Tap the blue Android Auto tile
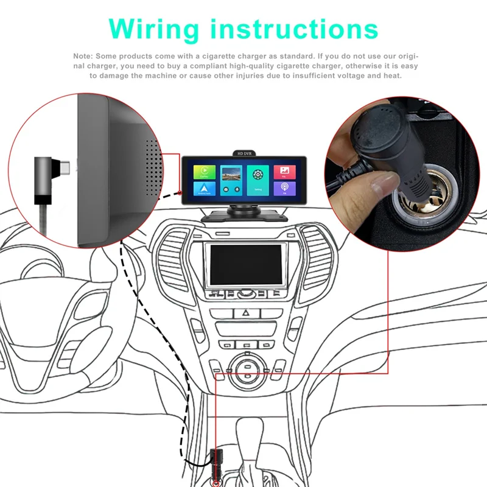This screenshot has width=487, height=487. (x=205, y=189)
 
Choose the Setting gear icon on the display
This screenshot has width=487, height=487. (x=258, y=175)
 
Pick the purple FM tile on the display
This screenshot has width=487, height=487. (x=284, y=188)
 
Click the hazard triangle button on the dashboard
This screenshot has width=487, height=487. (x=246, y=314)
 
